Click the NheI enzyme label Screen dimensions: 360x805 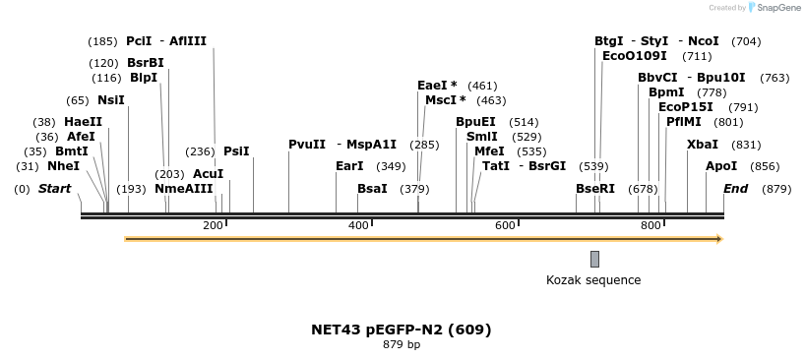point(63,167)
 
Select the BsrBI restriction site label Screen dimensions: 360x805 point(145,63)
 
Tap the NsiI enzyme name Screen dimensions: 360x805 point(111,100)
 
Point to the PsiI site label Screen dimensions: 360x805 point(236,151)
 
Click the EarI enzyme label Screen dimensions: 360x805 point(349,167)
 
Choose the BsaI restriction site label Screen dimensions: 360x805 point(372,189)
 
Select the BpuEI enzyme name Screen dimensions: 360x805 point(475,122)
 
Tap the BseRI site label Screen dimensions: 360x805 point(594,189)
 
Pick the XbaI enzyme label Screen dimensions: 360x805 point(703,145)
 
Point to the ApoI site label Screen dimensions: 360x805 point(721,167)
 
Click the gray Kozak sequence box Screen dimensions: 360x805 point(594,259)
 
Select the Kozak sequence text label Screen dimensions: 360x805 point(593,280)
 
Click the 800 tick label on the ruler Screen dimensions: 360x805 point(650,226)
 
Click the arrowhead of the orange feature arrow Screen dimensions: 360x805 point(719,239)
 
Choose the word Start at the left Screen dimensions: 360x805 point(54,189)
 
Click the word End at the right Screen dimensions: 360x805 point(735,189)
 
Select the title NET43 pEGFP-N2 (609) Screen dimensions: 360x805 point(401,330)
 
